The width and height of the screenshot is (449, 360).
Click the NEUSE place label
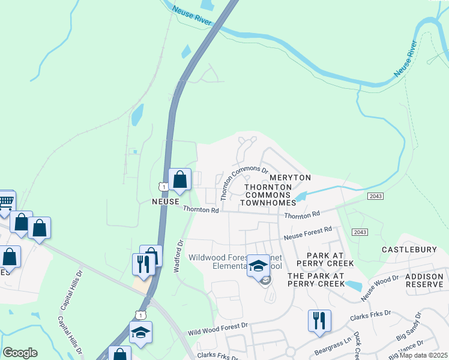(166, 203)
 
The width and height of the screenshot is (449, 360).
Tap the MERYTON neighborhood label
(290, 178)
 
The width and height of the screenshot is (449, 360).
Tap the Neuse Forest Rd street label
(308, 233)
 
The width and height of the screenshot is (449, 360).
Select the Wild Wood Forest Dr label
(217, 328)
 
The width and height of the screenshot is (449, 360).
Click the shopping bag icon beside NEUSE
(179, 179)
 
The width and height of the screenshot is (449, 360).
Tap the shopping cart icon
(6, 201)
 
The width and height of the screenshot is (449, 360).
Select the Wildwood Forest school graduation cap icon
(258, 265)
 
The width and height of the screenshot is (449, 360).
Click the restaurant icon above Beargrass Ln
(318, 320)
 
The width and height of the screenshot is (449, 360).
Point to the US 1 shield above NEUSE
(163, 187)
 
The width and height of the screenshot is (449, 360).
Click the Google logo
(20, 353)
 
